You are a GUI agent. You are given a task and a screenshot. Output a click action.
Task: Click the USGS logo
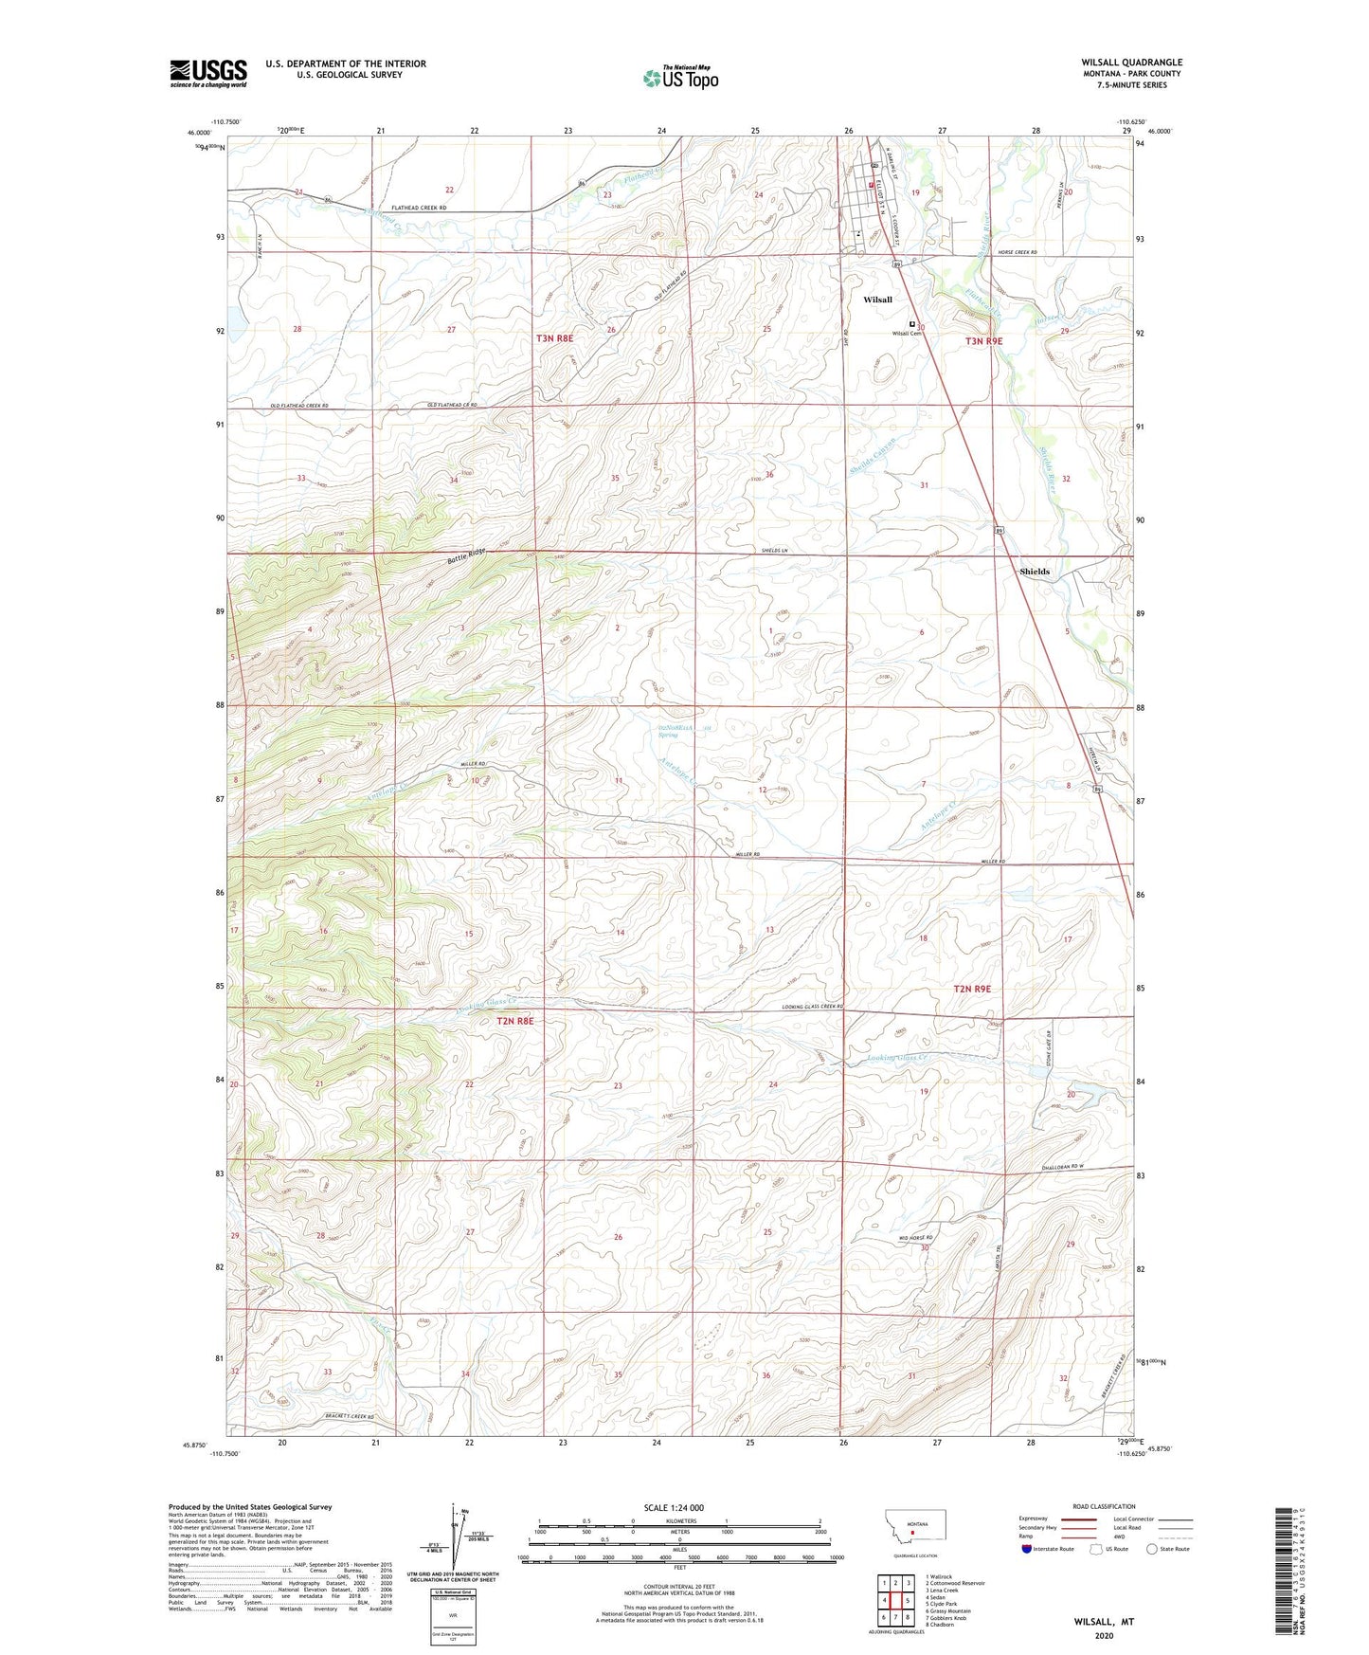pos(208,73)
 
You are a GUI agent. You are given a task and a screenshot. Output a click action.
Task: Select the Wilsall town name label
pos(877,300)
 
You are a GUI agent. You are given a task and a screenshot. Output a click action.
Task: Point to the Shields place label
pos(1034,572)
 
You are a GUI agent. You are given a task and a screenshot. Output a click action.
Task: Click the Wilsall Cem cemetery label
pos(907,334)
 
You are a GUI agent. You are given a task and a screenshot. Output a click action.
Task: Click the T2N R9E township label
pos(972,989)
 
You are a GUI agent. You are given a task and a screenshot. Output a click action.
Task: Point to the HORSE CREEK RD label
pos(1018,252)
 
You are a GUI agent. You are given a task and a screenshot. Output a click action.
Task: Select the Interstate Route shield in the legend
pos(1027,1549)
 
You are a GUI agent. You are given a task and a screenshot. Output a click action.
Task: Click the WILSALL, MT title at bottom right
pos(1104,1622)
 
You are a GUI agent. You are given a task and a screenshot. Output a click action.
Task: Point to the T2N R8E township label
pos(515,1021)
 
